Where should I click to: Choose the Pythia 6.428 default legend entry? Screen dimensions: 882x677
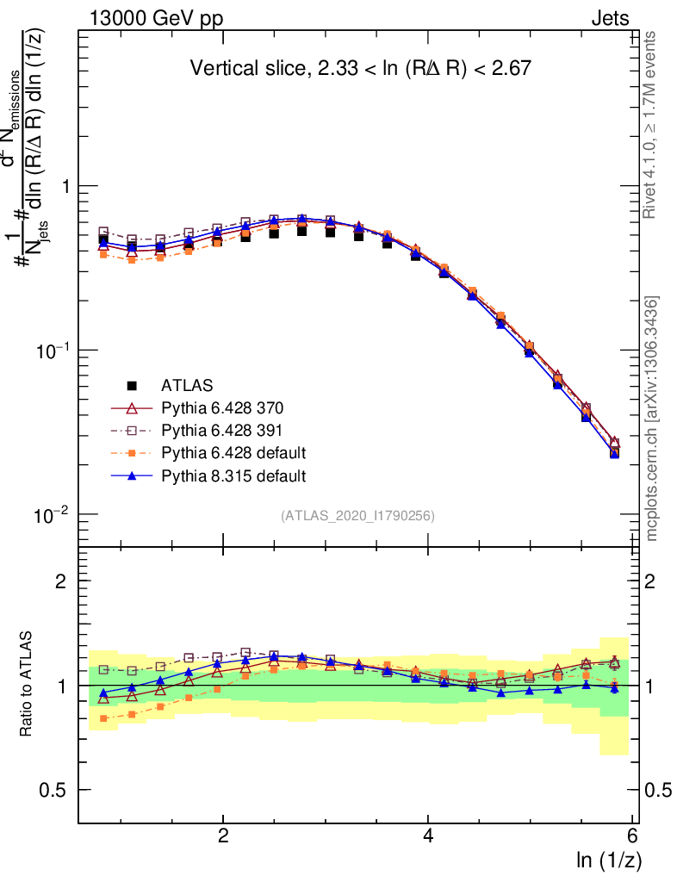[x=233, y=452]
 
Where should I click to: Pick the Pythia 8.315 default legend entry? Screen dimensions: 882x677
[x=233, y=475]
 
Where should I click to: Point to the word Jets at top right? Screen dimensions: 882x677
[x=610, y=17]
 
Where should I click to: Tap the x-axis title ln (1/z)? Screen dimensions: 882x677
[x=608, y=860]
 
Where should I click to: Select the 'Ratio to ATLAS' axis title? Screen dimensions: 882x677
[x=27, y=686]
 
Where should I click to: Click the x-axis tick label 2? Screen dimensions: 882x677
[x=223, y=835]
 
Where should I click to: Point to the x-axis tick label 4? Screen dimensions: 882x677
[x=428, y=835]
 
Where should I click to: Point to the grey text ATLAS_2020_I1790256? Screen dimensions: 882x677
[x=357, y=517]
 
